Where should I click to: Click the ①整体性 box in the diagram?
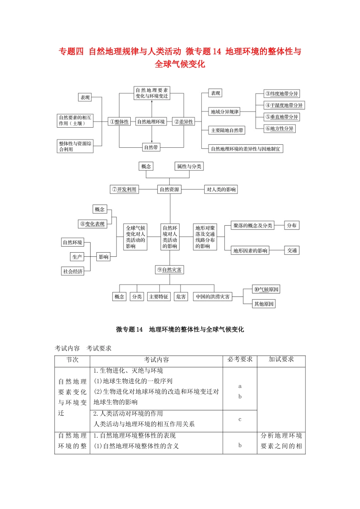point(119,122)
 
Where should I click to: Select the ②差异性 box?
point(184,122)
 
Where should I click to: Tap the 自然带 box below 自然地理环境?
point(151,147)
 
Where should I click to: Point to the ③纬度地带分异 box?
point(282,94)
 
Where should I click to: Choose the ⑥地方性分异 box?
point(280,129)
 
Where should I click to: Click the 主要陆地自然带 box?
point(227,130)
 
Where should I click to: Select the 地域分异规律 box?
point(225,112)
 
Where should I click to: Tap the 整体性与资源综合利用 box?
point(75,146)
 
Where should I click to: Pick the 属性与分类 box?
point(189,166)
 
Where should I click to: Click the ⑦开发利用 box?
point(124,189)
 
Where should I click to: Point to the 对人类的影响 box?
point(221,189)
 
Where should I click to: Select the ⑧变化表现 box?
point(92,224)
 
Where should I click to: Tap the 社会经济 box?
point(73,271)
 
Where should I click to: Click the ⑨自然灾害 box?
point(170,270)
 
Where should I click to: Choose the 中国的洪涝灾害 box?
point(213,297)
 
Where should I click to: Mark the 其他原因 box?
point(264,304)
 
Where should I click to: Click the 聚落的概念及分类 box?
point(253,225)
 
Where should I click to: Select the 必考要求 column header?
point(240,359)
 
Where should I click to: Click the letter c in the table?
point(240,419)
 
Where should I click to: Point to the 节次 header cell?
point(72,359)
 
